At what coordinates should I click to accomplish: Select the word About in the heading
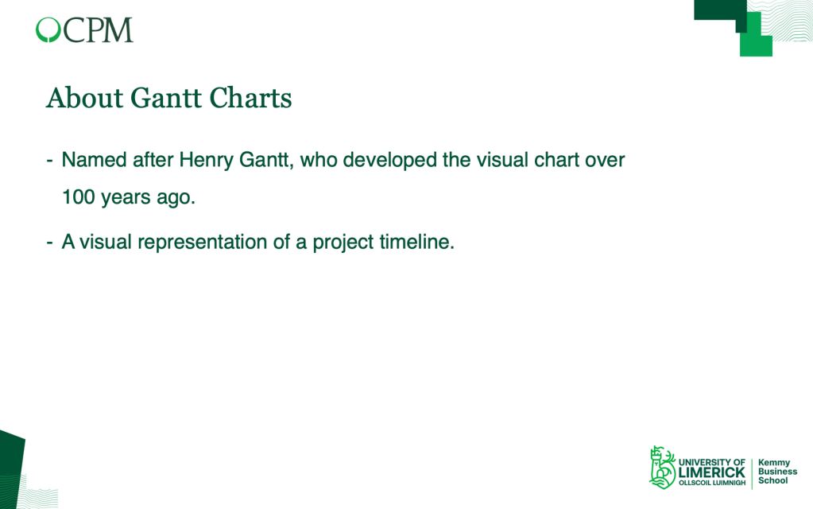[84, 98]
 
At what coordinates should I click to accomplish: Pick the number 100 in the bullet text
[79, 197]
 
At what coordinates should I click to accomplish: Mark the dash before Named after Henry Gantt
[50, 161]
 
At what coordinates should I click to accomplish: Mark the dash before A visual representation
[50, 243]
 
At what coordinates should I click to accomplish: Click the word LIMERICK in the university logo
[711, 472]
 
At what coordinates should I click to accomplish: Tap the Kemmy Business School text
[777, 472]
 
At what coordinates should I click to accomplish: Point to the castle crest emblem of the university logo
[662, 467]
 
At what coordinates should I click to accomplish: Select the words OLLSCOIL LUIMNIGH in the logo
[712, 483]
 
